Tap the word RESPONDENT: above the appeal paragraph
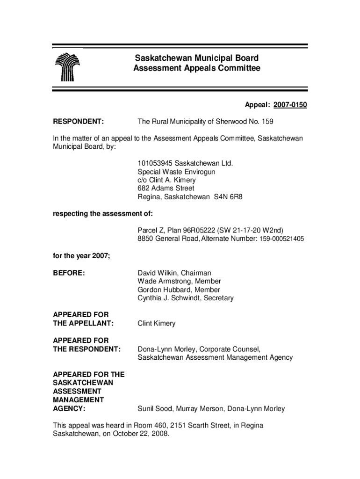tap(78, 122)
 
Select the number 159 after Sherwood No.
tap(267, 122)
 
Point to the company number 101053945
tap(157, 163)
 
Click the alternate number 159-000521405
tap(279, 239)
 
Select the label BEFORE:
tap(69, 273)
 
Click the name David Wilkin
tap(158, 273)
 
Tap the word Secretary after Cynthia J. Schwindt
tap(218, 298)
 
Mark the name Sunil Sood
tap(154, 409)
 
